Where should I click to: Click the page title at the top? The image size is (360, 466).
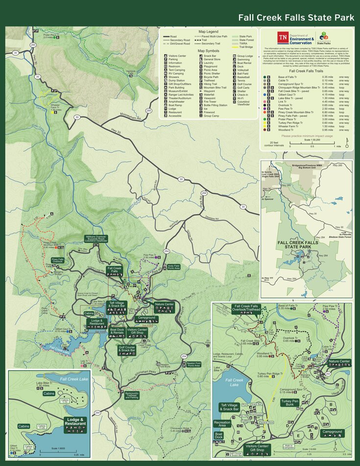click(x=296, y=18)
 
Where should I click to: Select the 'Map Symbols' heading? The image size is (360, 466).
click(x=208, y=50)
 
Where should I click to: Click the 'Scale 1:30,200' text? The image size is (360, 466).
click(x=312, y=140)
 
